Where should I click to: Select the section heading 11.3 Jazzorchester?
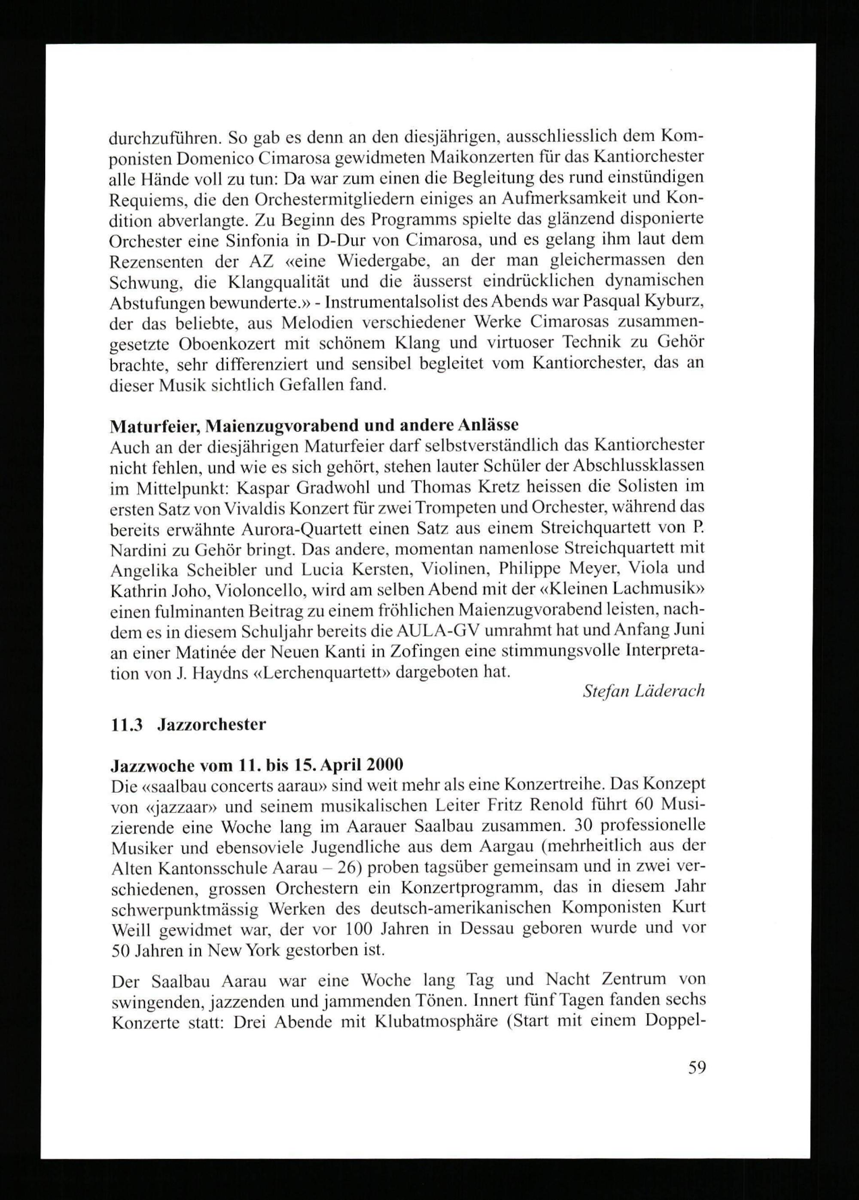pyautogui.click(x=188, y=725)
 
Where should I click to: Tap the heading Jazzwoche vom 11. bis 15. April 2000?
pyautogui.click(x=256, y=765)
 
